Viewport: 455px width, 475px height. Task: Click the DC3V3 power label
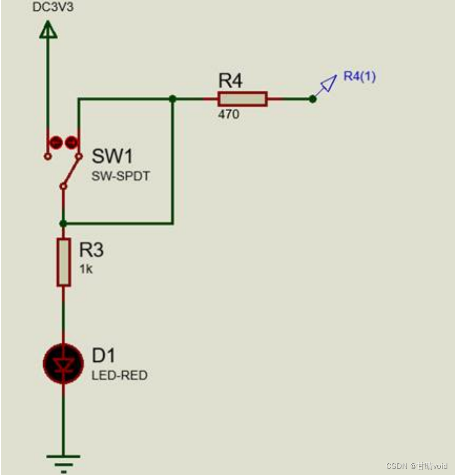click(53, 9)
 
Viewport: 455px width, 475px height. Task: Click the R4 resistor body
click(242, 98)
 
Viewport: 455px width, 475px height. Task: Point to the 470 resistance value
click(228, 115)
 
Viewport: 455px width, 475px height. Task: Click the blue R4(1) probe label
click(360, 77)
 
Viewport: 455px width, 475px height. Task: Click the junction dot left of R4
click(173, 98)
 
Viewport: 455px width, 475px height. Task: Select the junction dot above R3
click(63, 223)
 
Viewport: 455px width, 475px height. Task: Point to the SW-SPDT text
click(121, 177)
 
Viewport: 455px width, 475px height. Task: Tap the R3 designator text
click(92, 250)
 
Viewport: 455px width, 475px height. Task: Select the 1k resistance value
click(86, 269)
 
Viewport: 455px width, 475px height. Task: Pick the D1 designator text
click(103, 355)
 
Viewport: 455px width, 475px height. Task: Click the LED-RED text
click(120, 376)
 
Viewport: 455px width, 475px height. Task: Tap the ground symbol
click(63, 459)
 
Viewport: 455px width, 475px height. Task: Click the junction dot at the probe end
click(312, 99)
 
